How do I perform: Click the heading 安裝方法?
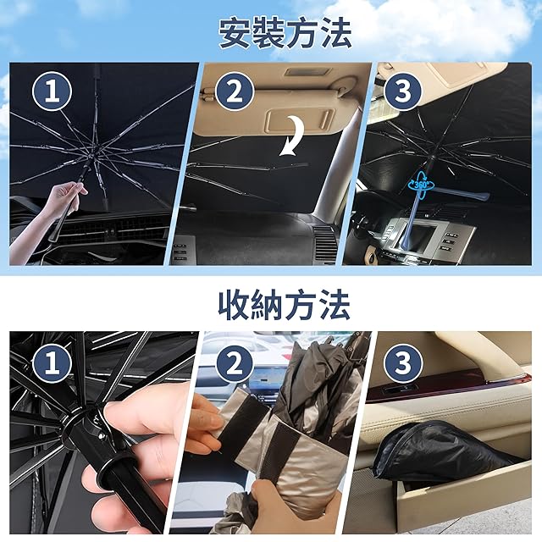pyautogui.click(x=285, y=33)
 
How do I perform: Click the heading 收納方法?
pyautogui.click(x=285, y=305)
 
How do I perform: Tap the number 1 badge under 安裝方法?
pyautogui.click(x=52, y=91)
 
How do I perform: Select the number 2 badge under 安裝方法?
pyautogui.click(x=235, y=91)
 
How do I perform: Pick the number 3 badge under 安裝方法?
pyautogui.click(x=403, y=91)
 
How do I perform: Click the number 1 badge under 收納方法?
pyautogui.click(x=52, y=363)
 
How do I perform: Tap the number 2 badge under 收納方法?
pyautogui.click(x=235, y=363)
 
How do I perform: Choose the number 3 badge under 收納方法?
pyautogui.click(x=403, y=363)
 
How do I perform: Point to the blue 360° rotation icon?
pyautogui.click(x=420, y=185)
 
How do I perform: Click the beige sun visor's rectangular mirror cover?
pyautogui.click(x=299, y=121)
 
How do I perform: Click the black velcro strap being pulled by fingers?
pyautogui.click(x=243, y=429)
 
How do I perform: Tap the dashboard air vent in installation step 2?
pyautogui.click(x=325, y=242)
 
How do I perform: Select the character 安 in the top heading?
pyautogui.click(x=235, y=33)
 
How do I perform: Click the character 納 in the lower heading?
pyautogui.click(x=268, y=305)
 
